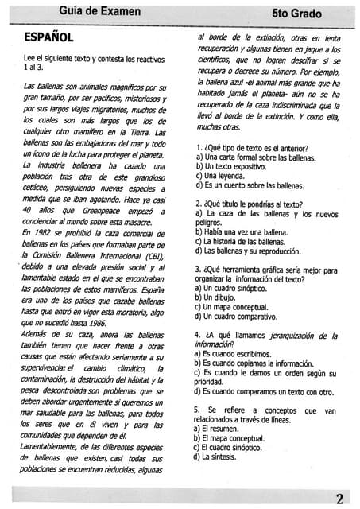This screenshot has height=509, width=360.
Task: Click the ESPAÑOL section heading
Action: click(49, 37)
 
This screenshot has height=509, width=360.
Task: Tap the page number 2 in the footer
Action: click(339, 498)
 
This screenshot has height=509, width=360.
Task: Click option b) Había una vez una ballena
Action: click(253, 232)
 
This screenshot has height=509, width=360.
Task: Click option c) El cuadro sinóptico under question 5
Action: click(240, 447)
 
